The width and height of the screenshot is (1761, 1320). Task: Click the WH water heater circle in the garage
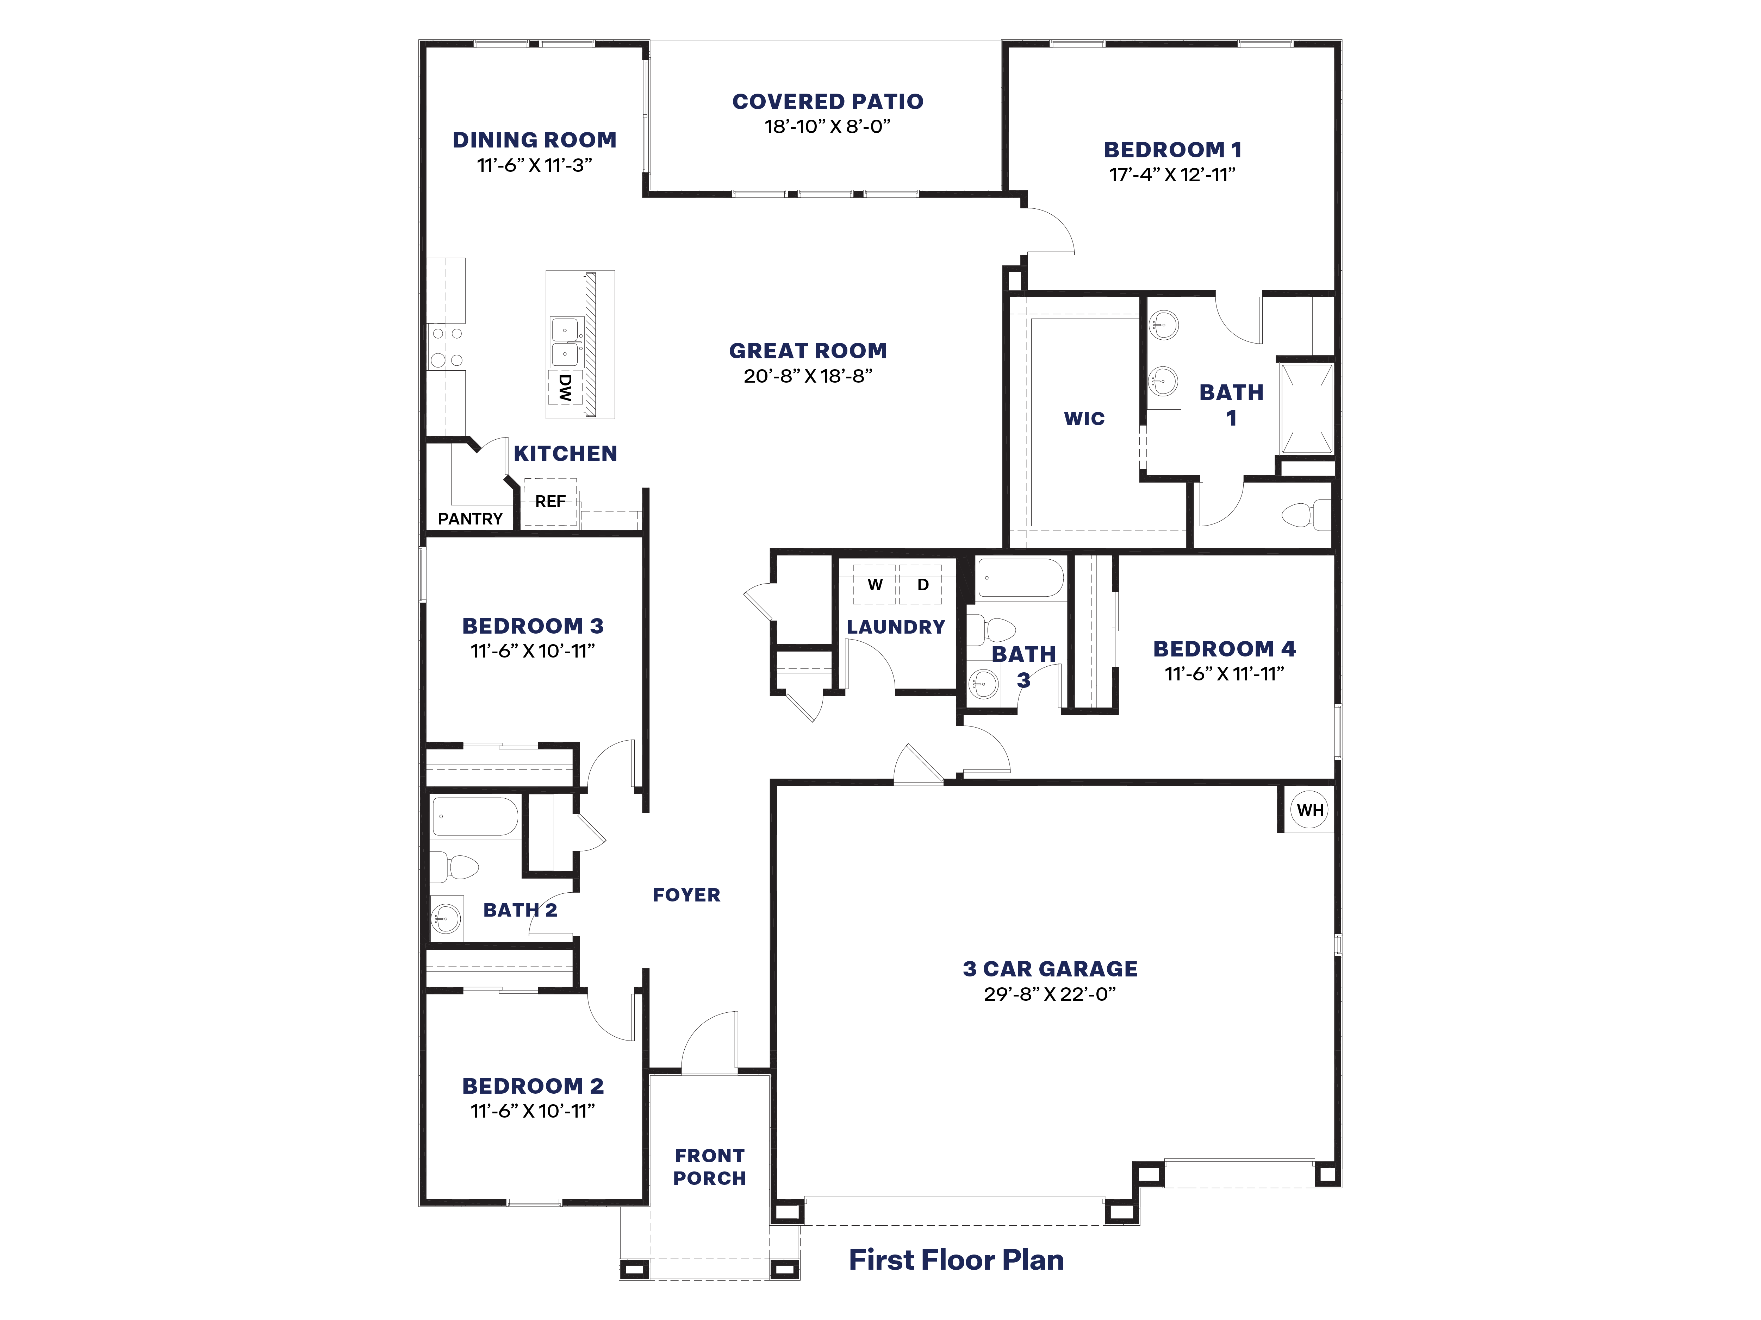1309,810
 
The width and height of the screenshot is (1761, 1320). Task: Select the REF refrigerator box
550,501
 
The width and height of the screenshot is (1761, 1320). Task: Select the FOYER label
686,895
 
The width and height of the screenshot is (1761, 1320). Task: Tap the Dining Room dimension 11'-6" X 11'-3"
534,165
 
